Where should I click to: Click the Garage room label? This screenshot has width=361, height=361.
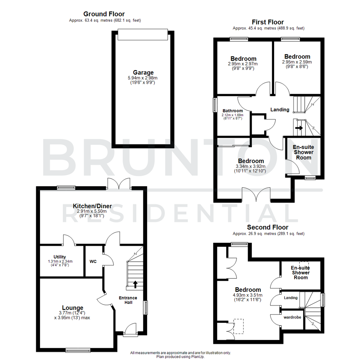coord(143,72)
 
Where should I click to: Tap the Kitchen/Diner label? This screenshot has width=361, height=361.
coord(93,206)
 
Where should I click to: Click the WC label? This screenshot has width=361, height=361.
coord(93,261)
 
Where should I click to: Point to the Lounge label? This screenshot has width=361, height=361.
coord(73,308)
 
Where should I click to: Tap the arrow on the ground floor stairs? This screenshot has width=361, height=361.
coord(135,284)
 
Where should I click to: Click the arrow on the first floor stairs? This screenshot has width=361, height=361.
coord(299,127)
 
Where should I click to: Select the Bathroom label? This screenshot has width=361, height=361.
coord(233,111)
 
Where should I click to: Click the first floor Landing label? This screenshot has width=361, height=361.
coord(280,109)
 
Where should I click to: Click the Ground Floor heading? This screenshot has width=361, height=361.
coord(104,14)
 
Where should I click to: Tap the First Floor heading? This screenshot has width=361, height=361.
coord(268,22)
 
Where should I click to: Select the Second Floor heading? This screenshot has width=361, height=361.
coord(268,227)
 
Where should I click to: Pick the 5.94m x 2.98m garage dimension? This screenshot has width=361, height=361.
coord(143,78)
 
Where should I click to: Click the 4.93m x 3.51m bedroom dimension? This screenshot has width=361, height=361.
coord(248,295)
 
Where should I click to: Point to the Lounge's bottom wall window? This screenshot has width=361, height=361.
coord(78,350)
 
